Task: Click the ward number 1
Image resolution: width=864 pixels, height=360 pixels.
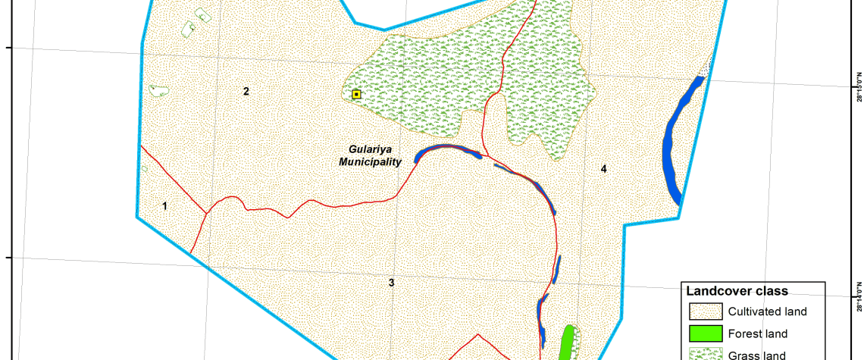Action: (x=164, y=205)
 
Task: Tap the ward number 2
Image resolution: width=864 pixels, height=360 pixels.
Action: (x=246, y=92)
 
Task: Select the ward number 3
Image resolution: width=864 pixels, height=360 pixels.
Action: (x=391, y=283)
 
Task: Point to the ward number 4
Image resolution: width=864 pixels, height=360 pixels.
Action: (x=603, y=168)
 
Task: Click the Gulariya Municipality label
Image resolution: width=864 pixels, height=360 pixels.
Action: (x=370, y=156)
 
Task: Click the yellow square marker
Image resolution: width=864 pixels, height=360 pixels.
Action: (x=356, y=95)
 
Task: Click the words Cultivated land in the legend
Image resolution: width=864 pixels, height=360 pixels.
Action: (x=767, y=311)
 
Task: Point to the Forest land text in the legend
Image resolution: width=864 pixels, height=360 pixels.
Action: (x=758, y=333)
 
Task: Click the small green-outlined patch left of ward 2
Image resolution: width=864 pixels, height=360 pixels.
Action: (x=158, y=91)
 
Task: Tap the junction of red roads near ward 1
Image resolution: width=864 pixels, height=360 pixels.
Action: (x=205, y=213)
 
